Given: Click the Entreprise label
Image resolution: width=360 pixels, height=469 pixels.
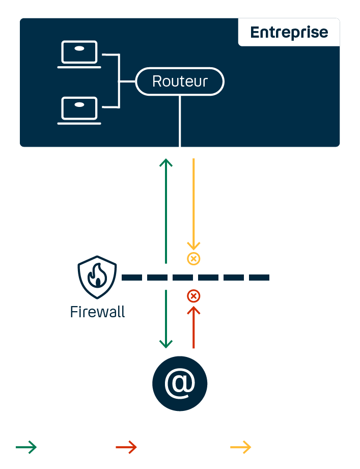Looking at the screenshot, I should (x=289, y=32).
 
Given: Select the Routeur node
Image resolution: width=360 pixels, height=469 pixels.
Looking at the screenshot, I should (x=180, y=81).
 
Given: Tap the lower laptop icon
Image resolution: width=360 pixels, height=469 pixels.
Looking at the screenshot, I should (x=79, y=110).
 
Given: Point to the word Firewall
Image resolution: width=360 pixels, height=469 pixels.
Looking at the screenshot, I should (x=97, y=312).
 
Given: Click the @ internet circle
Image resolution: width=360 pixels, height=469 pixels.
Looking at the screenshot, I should (x=180, y=383).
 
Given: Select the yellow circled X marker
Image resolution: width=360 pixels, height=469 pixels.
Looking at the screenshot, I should (x=193, y=259).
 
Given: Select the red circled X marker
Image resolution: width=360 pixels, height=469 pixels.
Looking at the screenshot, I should (x=193, y=296).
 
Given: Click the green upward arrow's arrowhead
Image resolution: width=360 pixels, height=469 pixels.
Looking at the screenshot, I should (x=166, y=162).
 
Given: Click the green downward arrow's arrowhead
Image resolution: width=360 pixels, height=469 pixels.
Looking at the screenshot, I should (x=166, y=344).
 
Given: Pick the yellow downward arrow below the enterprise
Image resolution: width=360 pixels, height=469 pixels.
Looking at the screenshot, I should (x=193, y=204).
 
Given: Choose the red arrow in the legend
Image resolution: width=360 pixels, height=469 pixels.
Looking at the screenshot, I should (x=126, y=448).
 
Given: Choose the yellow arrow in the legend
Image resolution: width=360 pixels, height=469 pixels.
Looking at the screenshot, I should (x=240, y=448).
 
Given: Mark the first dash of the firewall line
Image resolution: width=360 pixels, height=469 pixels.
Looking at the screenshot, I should (x=132, y=278).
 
